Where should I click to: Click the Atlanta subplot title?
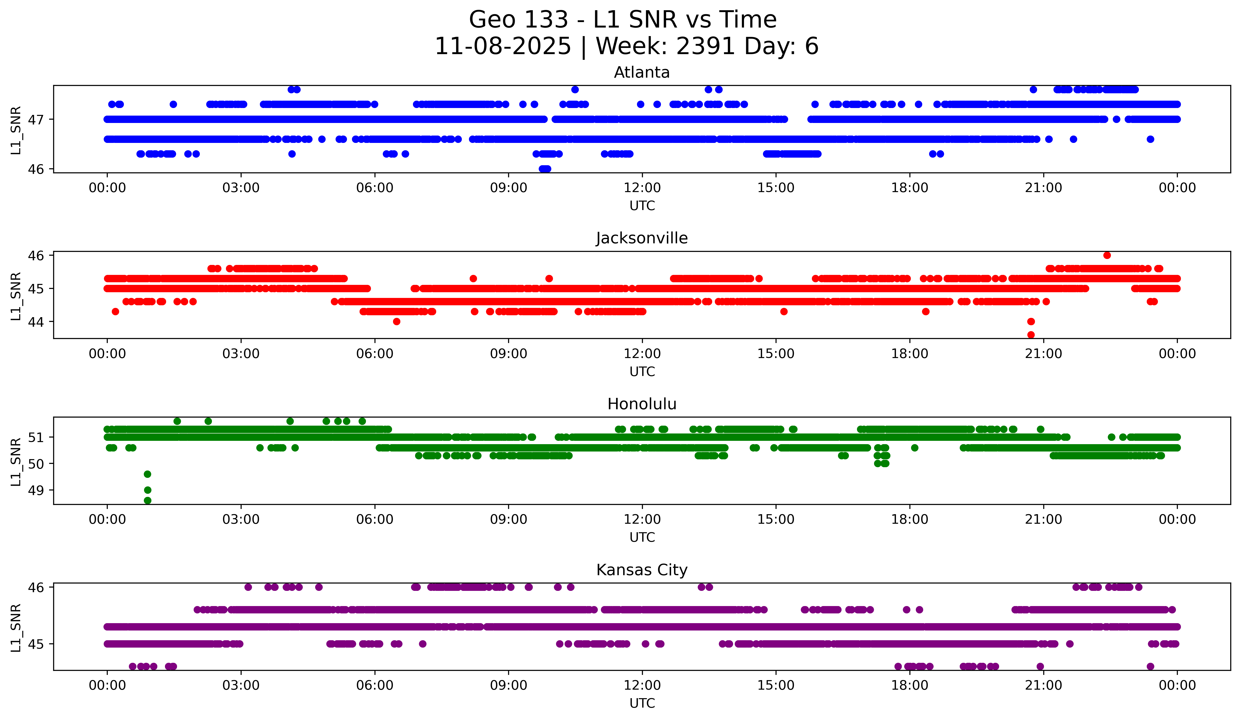[x=642, y=72]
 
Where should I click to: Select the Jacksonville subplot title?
[x=642, y=238]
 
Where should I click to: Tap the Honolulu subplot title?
[x=642, y=404]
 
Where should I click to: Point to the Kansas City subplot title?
[x=642, y=570]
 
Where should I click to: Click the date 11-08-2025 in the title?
[x=502, y=46]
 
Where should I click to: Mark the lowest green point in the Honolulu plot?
[x=147, y=500]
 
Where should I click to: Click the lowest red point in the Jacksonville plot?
[x=1031, y=335]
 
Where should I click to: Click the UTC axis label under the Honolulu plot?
[x=642, y=537]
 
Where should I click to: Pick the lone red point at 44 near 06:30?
[x=397, y=321]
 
